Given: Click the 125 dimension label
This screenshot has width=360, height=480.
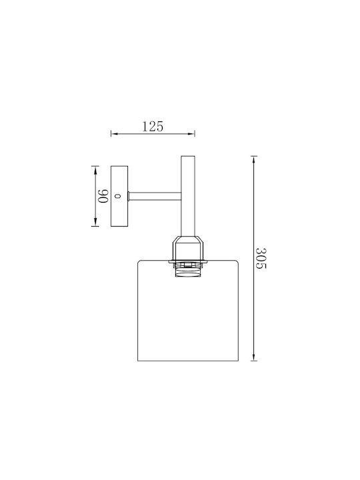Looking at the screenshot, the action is click(x=153, y=127).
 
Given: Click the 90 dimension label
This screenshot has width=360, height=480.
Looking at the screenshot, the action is click(x=103, y=196).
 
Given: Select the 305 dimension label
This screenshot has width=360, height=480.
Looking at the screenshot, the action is click(x=261, y=259).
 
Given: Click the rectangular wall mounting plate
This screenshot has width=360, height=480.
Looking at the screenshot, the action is click(x=119, y=196).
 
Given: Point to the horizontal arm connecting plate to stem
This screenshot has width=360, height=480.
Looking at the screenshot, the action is click(x=155, y=196).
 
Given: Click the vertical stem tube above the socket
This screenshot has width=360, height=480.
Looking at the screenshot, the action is click(x=188, y=196).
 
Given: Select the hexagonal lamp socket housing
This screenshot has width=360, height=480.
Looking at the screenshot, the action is click(x=188, y=248).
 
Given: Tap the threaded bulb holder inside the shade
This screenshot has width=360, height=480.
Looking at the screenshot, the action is click(x=188, y=270).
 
